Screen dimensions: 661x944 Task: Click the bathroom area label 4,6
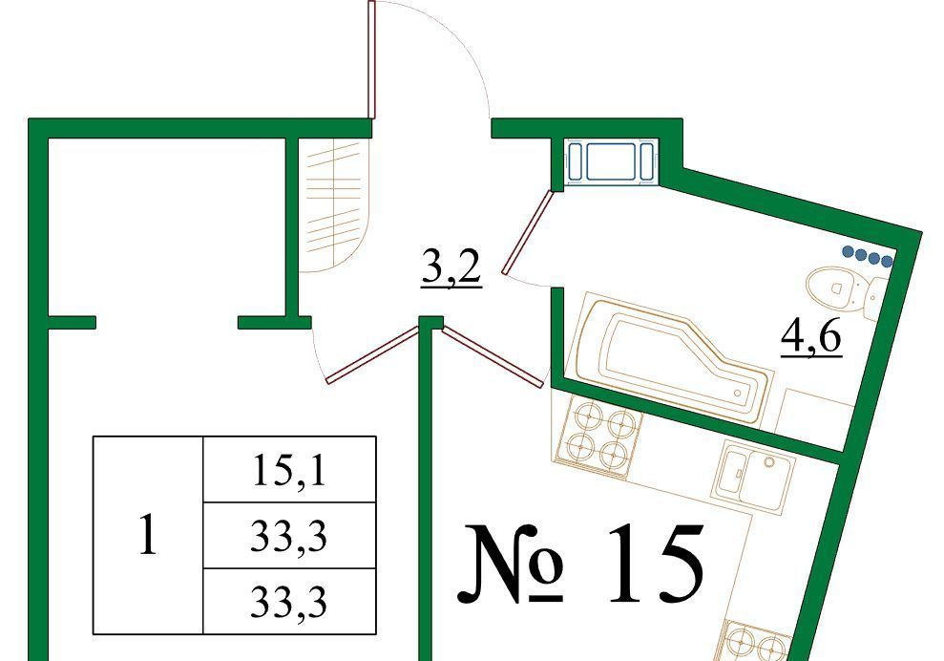click(810, 338)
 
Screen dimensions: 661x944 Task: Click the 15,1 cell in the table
click(290, 470)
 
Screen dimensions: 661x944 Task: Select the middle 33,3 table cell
click(290, 537)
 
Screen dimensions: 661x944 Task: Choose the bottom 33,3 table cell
click(290, 602)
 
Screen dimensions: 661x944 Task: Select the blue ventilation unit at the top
click(610, 161)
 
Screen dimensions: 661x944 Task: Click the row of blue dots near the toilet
click(868, 257)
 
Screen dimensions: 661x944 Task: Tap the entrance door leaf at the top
click(370, 59)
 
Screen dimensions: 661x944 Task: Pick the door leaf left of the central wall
click(372, 353)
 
